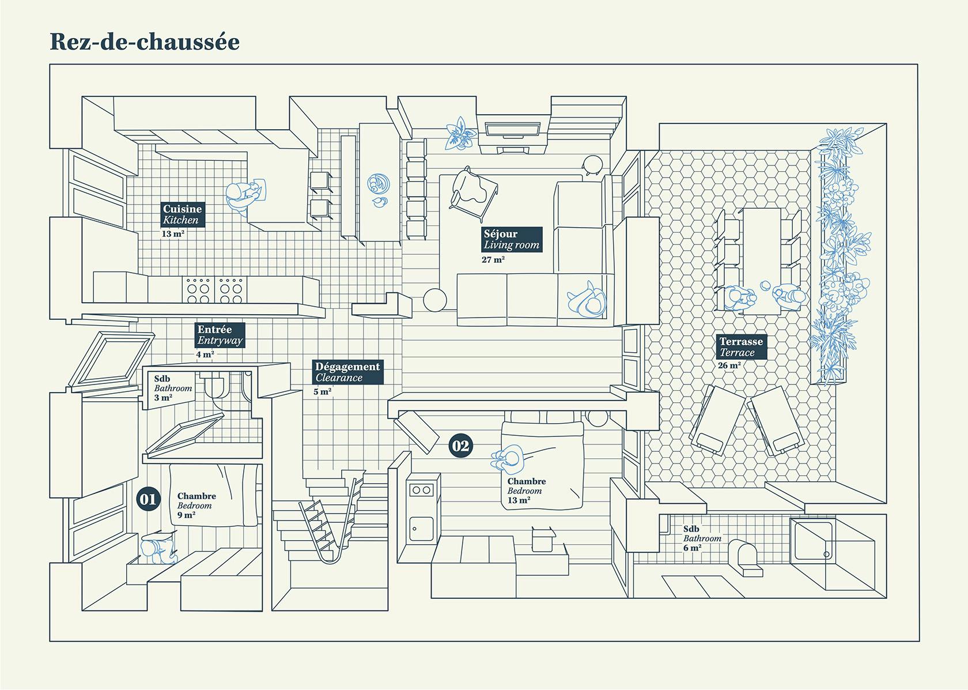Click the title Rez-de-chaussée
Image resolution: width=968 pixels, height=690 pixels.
click(x=145, y=42)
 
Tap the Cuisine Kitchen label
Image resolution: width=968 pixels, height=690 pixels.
click(x=181, y=214)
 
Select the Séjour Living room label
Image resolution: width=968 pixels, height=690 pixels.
click(x=511, y=239)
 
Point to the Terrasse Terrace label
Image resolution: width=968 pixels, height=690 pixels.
click(x=740, y=346)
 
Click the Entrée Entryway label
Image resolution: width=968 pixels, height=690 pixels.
click(x=219, y=335)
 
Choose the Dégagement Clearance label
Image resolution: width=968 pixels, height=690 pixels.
click(x=347, y=372)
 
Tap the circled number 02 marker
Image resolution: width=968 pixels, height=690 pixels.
click(x=461, y=446)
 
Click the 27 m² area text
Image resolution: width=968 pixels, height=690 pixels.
click(x=493, y=259)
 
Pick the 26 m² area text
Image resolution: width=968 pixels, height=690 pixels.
click(x=729, y=365)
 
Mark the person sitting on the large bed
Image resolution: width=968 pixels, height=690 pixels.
click(x=508, y=458)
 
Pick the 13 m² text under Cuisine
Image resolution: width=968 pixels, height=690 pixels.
click(x=172, y=234)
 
